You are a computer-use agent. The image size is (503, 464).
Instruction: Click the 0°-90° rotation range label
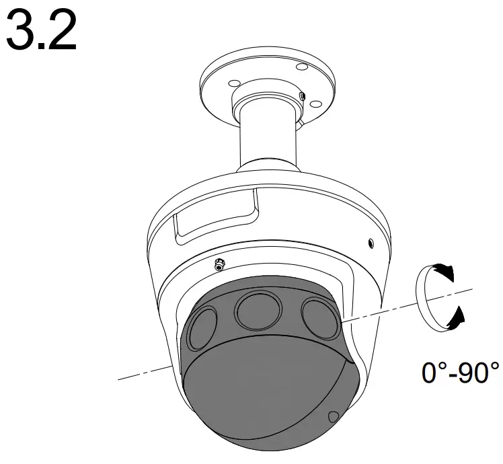(460, 372)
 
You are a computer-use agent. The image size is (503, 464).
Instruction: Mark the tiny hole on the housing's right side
(371, 241)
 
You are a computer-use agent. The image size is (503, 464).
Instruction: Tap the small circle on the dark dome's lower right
(333, 418)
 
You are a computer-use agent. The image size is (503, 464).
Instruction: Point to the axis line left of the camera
(145, 372)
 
